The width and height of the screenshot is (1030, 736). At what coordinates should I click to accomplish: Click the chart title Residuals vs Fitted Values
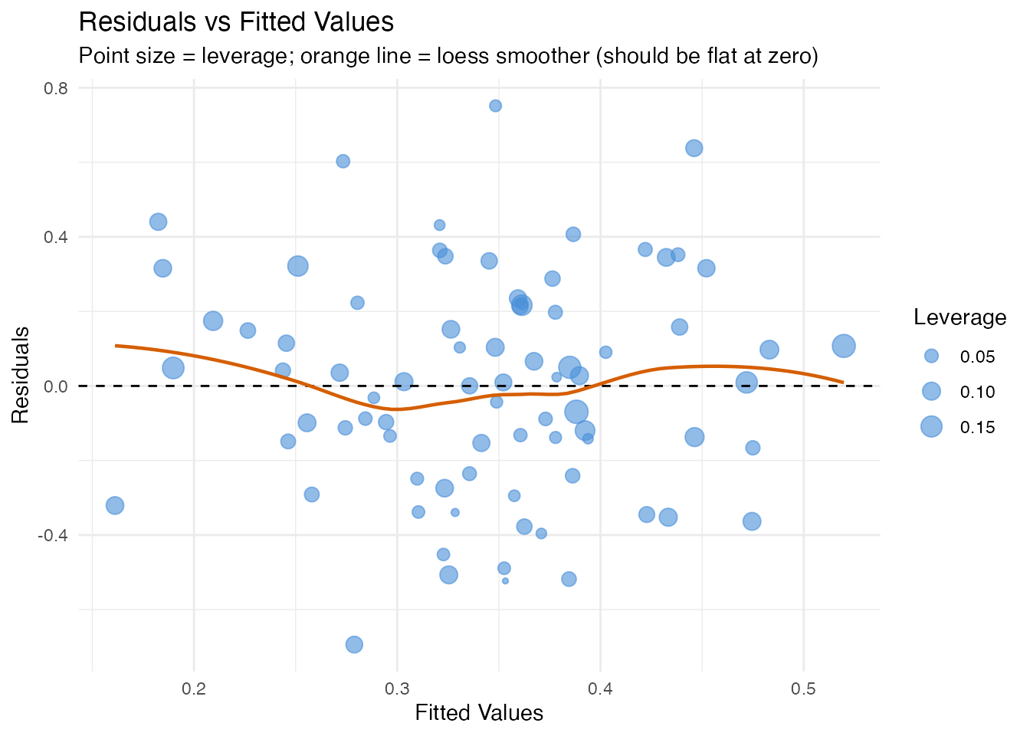click(x=236, y=22)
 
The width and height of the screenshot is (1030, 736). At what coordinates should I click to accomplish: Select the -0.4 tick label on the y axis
click(x=54, y=535)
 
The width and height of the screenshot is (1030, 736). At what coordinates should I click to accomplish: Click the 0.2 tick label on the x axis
click(x=194, y=688)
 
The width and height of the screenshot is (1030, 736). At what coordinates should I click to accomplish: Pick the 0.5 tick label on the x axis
click(x=803, y=688)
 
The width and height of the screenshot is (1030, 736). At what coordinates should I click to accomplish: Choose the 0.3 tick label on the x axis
click(x=397, y=688)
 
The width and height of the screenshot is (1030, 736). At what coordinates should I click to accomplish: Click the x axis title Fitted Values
click(x=479, y=714)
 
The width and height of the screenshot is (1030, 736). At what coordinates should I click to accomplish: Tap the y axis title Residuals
click(x=21, y=374)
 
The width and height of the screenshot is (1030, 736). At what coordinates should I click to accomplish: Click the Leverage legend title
click(x=959, y=317)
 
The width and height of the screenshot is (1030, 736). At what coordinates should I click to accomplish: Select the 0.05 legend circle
click(x=931, y=356)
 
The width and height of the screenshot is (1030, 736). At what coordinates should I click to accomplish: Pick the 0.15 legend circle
click(x=931, y=427)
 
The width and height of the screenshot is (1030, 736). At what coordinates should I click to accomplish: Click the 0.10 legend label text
click(x=977, y=392)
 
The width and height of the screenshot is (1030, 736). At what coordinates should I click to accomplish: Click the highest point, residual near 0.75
click(x=495, y=106)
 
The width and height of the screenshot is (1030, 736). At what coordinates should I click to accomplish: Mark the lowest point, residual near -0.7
click(x=354, y=645)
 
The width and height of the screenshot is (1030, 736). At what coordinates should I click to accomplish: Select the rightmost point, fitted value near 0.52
click(x=843, y=346)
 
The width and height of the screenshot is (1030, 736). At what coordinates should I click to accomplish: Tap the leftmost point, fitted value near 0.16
click(x=115, y=505)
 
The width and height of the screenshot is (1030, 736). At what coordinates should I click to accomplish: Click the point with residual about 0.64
click(x=694, y=148)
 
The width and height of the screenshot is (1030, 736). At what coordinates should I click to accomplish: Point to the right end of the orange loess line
click(x=842, y=382)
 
